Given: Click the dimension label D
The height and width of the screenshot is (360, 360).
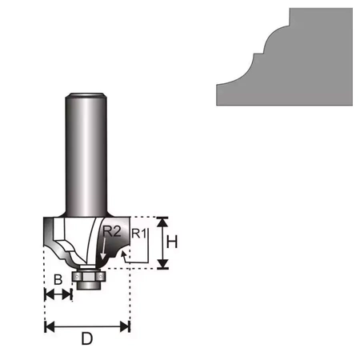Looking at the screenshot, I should [87, 338].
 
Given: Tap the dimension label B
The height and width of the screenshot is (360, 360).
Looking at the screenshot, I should [58, 280].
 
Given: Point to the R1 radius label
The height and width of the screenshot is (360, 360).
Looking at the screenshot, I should [138, 234].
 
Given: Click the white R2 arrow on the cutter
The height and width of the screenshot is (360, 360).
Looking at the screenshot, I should [102, 252].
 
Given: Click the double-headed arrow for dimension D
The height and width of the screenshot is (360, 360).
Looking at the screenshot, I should [87, 326].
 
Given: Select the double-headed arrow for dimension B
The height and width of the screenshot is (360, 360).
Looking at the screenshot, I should [58, 295].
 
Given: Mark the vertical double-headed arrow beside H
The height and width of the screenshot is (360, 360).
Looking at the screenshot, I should [162, 242].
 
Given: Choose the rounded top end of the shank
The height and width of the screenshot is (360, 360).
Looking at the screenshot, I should [85, 98].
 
